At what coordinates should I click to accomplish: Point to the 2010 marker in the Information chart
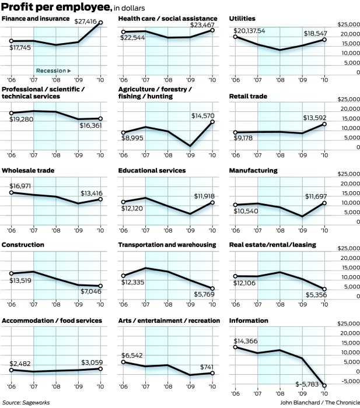point(325,385)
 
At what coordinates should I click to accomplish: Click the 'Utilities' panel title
point(244,19)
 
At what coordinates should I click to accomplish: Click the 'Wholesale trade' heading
point(25,170)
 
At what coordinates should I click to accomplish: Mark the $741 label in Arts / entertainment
point(206,367)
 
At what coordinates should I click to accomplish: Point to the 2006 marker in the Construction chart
point(11,273)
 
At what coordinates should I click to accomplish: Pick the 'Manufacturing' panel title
point(253,170)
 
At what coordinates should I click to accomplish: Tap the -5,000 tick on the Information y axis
point(349,381)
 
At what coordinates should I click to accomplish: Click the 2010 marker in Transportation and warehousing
point(212,289)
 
